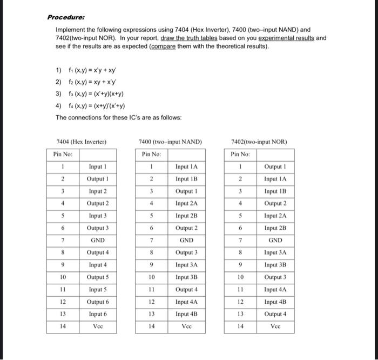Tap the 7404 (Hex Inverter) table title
pos(82,142)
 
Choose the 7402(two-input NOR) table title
pos(259,142)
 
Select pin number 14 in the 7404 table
pos(63,326)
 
